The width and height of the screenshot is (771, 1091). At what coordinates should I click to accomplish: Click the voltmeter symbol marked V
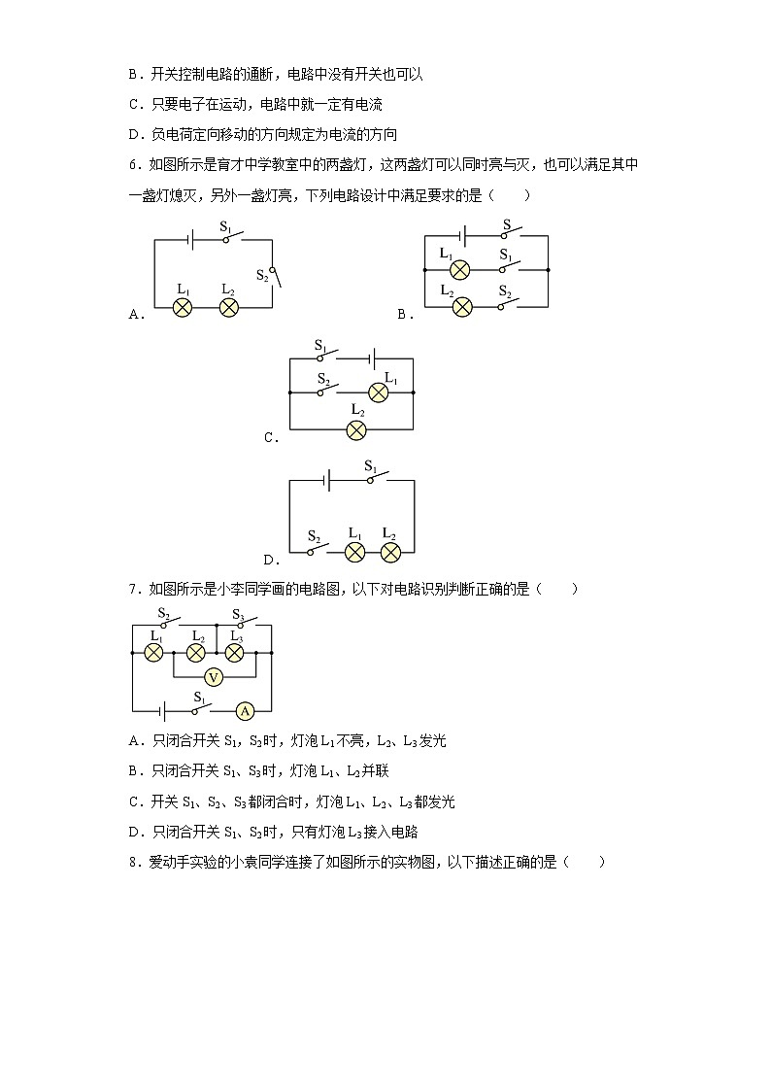tap(214, 677)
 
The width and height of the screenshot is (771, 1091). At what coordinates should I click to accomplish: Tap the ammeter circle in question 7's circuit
tap(246, 711)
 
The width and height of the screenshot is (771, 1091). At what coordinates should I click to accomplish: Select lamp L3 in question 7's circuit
tap(234, 652)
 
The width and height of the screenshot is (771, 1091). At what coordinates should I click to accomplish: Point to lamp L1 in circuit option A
tap(182, 307)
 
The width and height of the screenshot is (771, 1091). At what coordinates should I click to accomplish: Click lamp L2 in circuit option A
tap(229, 307)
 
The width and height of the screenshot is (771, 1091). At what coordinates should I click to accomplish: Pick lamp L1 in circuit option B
tap(461, 270)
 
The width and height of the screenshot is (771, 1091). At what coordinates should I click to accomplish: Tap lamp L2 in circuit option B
tap(462, 307)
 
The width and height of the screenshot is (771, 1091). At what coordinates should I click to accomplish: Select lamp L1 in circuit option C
tap(379, 392)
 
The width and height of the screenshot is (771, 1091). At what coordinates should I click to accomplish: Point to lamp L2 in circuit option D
tap(390, 552)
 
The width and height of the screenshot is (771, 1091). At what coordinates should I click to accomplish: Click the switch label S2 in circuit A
tap(262, 275)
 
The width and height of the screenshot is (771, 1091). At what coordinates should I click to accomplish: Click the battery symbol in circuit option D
tap(329, 481)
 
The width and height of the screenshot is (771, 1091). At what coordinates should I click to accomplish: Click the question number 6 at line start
tap(133, 165)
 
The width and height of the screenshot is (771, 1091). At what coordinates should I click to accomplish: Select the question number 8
tap(133, 861)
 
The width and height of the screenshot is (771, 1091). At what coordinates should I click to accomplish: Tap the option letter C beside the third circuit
tap(269, 438)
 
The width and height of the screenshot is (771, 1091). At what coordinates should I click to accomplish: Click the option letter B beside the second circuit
tap(402, 314)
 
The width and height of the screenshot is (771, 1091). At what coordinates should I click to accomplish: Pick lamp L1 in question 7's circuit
tap(153, 652)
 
